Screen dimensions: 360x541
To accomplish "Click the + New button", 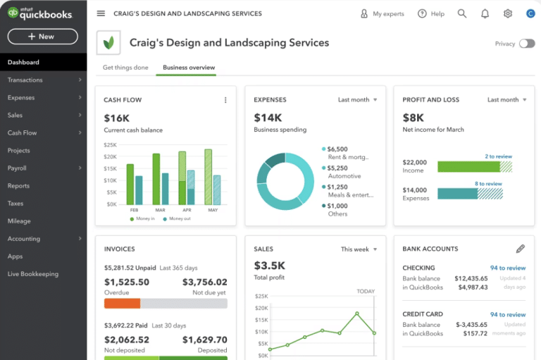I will (x=42, y=37).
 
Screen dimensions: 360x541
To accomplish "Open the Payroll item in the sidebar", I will (x=18, y=168).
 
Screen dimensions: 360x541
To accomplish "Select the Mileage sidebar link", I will (x=19, y=221).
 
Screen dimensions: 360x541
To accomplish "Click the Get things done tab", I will (x=125, y=68).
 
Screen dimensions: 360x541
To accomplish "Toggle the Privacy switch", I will (x=526, y=44).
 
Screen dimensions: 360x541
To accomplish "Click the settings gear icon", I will (x=508, y=13).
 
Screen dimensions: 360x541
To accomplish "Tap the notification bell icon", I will (x=485, y=13).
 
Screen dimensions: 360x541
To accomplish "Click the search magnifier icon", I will (x=462, y=13).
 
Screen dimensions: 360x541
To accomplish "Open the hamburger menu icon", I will (x=101, y=13).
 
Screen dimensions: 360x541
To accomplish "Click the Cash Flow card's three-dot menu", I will (x=225, y=100).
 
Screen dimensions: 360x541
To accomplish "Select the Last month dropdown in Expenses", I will (x=357, y=100).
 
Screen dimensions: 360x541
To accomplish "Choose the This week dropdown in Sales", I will (x=359, y=249).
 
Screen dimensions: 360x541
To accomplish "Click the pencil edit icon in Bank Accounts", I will (x=521, y=249).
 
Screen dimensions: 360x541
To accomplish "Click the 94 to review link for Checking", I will (x=508, y=268).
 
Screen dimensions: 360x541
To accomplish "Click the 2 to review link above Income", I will (x=498, y=156).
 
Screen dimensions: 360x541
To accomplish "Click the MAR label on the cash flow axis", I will (x=160, y=210).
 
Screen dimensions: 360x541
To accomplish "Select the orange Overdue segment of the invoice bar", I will (x=122, y=304).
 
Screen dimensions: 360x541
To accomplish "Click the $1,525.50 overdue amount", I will (x=127, y=283).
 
